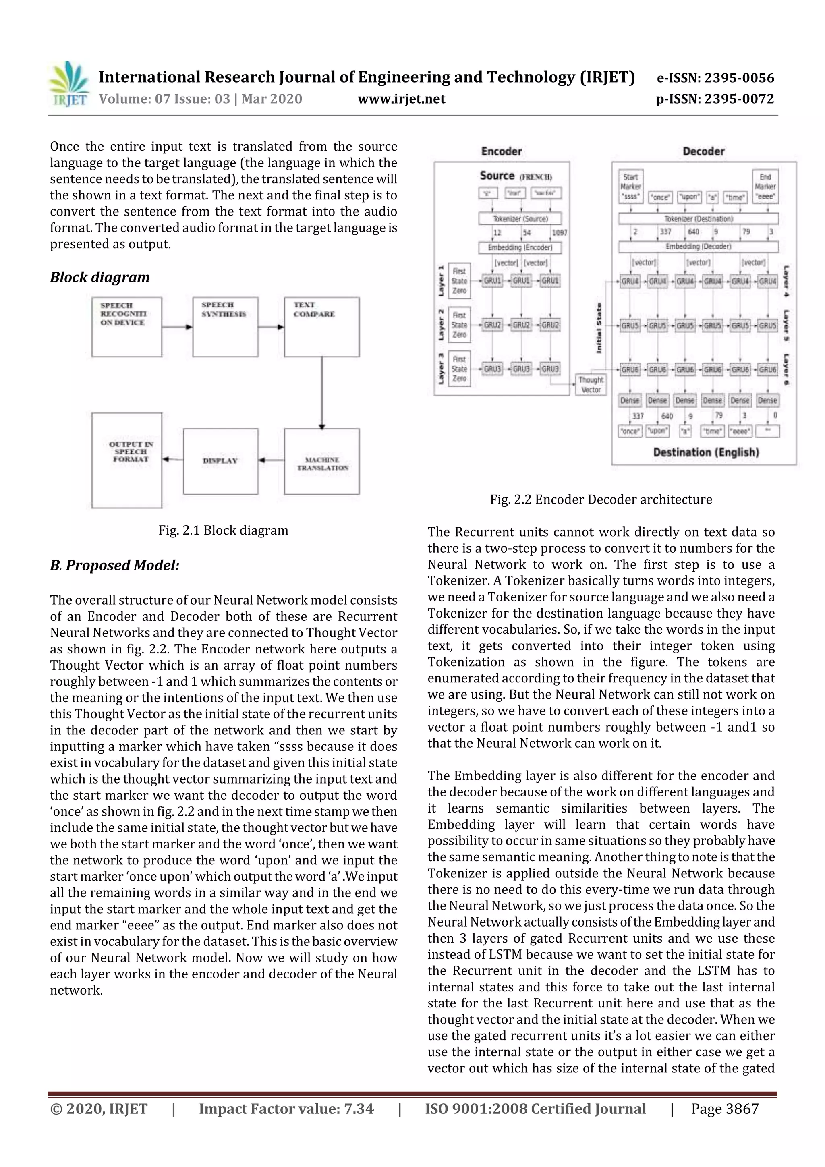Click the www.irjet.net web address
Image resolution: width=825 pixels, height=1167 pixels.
click(x=401, y=99)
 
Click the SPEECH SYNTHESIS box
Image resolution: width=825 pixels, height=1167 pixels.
click(x=225, y=326)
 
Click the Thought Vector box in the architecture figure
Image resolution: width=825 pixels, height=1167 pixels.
click(x=591, y=385)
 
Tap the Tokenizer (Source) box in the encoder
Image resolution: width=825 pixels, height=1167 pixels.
click(x=520, y=219)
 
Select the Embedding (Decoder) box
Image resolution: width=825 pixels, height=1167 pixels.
click(x=698, y=247)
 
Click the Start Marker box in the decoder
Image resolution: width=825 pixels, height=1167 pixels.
click(x=630, y=187)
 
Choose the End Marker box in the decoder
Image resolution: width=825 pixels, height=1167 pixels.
click(x=765, y=187)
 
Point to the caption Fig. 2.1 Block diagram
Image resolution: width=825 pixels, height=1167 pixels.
click(x=223, y=530)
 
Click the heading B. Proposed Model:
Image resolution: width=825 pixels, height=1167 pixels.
click(x=114, y=565)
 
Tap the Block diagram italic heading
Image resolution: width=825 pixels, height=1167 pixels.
click(x=99, y=277)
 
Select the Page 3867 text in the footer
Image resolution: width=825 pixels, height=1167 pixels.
click(x=724, y=1109)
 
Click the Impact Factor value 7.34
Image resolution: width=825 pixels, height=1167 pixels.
click(x=286, y=1109)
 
